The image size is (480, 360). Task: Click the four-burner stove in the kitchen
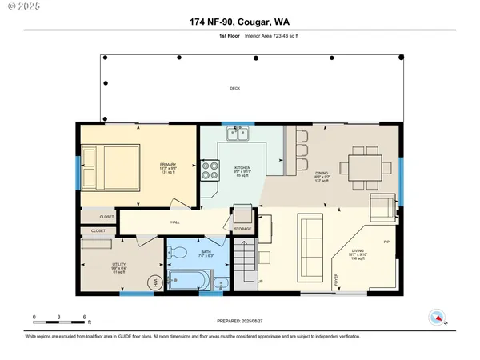(210, 170)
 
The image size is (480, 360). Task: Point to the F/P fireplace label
(386, 242)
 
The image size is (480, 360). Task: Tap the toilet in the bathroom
(182, 255)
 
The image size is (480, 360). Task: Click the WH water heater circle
(154, 282)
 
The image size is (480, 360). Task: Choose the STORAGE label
(243, 229)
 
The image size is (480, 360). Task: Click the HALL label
(174, 223)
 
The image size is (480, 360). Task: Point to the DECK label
(234, 89)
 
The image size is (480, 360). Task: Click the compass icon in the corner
(436, 316)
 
